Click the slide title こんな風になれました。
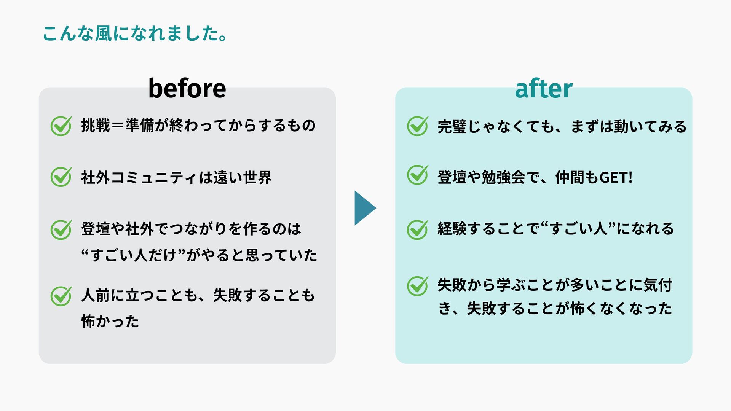click(135, 33)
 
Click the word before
click(187, 88)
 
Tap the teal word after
click(543, 89)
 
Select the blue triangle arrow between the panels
click(364, 208)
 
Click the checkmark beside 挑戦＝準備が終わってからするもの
click(61, 126)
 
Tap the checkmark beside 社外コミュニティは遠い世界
click(61, 177)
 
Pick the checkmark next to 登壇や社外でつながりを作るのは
click(61, 229)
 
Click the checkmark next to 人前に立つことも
click(61, 296)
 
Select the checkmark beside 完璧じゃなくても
click(417, 126)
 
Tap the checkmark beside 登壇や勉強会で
click(417, 175)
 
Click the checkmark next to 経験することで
click(417, 229)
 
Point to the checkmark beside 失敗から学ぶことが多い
click(417, 286)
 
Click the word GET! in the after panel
click(616, 177)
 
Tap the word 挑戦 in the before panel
click(96, 126)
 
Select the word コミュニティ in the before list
click(154, 178)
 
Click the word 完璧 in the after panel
click(452, 127)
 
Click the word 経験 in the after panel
click(452, 229)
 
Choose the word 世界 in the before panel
click(257, 178)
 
